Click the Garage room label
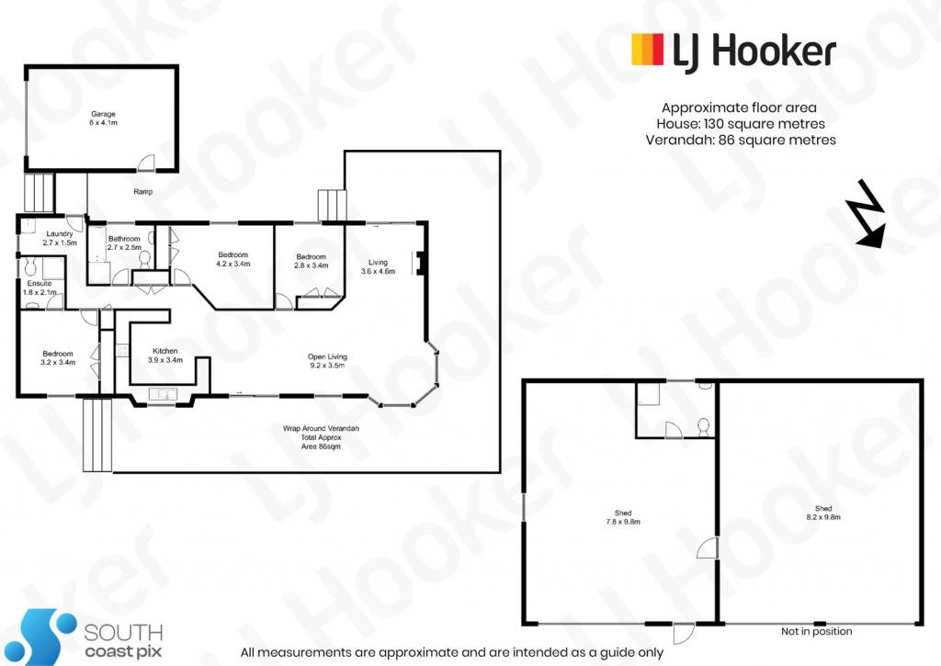click(x=103, y=114)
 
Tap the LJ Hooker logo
click(x=733, y=51)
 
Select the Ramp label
click(x=142, y=191)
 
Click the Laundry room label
click(x=60, y=234)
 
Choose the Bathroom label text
click(x=124, y=239)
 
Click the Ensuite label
click(x=40, y=283)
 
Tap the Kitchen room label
click(x=165, y=351)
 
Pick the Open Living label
click(x=328, y=356)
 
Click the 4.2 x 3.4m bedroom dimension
click(x=233, y=264)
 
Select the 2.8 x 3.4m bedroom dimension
click(x=312, y=265)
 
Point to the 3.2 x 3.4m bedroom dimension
click(x=58, y=363)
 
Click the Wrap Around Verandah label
click(x=321, y=428)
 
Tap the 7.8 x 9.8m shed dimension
click(x=623, y=522)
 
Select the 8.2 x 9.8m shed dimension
click(x=823, y=517)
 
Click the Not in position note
click(x=817, y=631)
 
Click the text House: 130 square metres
click(x=741, y=124)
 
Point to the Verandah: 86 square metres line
click(x=741, y=140)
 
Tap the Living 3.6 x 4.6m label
click(x=378, y=266)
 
